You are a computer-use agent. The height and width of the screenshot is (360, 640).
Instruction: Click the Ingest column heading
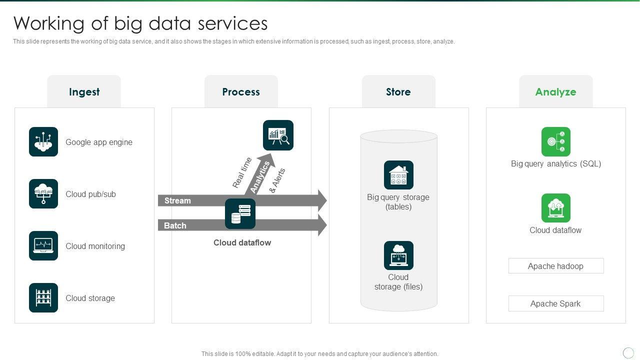click(x=84, y=92)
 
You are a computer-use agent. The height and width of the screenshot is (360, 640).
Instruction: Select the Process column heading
click(x=241, y=92)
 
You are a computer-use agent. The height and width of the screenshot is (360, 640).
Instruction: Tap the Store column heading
click(x=398, y=92)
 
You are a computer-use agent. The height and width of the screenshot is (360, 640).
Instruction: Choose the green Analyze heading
click(x=555, y=92)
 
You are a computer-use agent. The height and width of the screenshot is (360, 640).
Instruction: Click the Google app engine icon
click(x=43, y=141)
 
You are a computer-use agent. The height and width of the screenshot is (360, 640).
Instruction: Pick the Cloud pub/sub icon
click(x=43, y=193)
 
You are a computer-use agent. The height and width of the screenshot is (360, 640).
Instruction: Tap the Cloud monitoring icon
click(x=43, y=245)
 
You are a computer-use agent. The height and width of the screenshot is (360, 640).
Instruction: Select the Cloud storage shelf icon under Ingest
click(x=43, y=297)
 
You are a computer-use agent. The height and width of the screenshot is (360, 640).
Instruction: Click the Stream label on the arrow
click(x=177, y=200)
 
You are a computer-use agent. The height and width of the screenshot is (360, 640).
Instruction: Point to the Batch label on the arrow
click(x=175, y=225)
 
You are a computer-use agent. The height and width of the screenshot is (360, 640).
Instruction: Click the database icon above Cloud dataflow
click(x=240, y=214)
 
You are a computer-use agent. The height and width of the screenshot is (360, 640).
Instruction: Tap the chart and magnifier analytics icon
click(x=278, y=135)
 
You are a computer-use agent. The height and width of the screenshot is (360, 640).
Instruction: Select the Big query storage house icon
click(x=398, y=175)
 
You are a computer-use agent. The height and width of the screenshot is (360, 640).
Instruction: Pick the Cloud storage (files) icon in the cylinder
click(x=398, y=255)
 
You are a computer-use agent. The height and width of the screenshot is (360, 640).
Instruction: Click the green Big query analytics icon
click(x=555, y=141)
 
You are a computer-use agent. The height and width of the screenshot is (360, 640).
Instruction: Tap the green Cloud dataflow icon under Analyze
click(x=555, y=208)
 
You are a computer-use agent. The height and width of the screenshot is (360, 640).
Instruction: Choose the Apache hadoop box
click(x=555, y=266)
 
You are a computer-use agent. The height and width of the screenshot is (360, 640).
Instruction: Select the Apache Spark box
click(x=555, y=303)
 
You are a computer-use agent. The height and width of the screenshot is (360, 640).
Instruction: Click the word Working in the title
click(x=48, y=23)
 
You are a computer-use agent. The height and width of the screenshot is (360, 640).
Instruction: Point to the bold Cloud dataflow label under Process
click(x=242, y=242)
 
